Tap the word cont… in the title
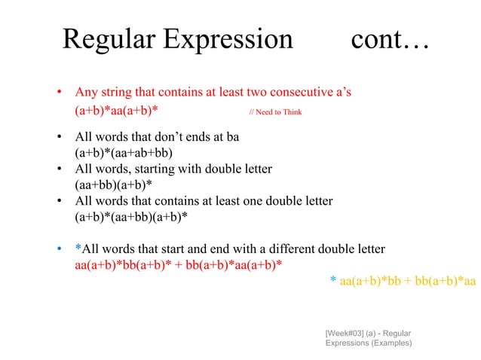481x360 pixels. click(390, 39)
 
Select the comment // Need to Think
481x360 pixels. click(275, 112)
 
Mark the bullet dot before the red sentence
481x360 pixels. click(58, 94)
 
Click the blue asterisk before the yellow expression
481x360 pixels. click(333, 281)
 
